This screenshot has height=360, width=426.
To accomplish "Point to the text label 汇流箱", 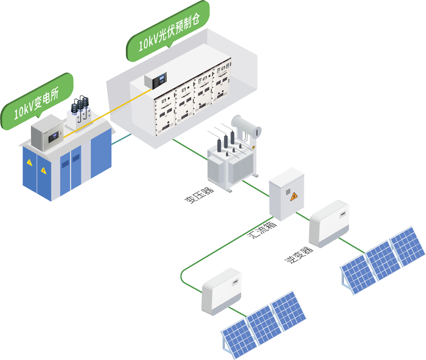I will click(x=262, y=230).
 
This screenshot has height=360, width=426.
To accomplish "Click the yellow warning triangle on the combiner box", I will click(x=293, y=196).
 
